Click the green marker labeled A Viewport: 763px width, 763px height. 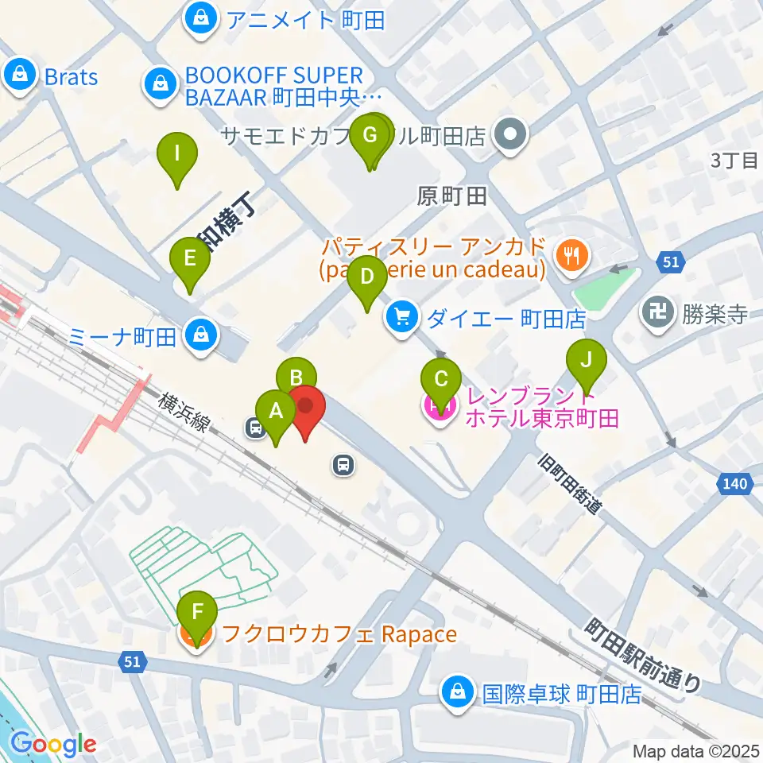(276, 412)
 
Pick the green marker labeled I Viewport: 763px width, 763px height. (176, 153)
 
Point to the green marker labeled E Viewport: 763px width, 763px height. (189, 259)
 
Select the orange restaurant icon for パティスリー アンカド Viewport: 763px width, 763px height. (571, 256)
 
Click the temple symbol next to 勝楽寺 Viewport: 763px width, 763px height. (657, 312)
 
